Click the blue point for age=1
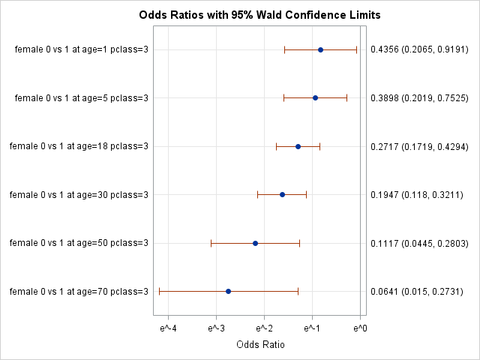click(320, 49)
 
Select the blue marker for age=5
click(315, 97)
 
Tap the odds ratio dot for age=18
click(298, 146)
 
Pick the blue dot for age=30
click(282, 194)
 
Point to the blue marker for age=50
click(255, 243)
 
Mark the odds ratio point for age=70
click(228, 291)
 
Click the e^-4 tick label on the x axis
click(168, 328)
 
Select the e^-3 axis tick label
click(216, 328)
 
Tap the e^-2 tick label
click(264, 328)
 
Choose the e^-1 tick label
click(312, 328)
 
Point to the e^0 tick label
click(360, 328)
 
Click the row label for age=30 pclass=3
click(79, 195)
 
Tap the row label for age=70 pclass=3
click(79, 292)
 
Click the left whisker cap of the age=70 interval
click(159, 291)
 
